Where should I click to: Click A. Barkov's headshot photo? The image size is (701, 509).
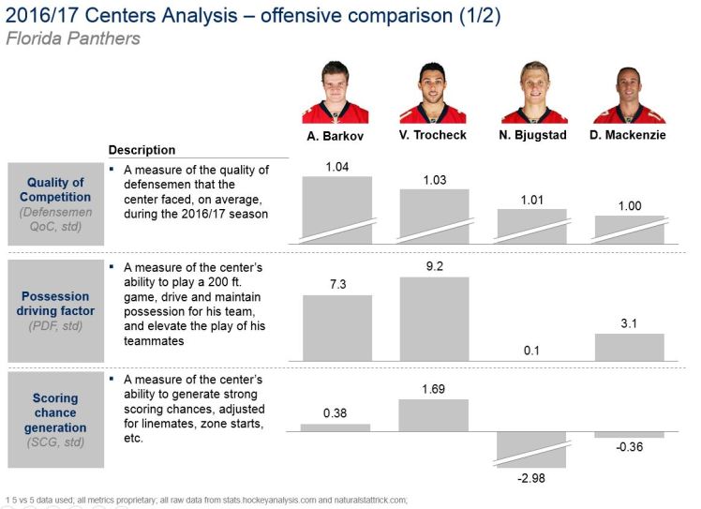(x=336, y=92)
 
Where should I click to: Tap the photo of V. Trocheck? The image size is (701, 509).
(x=433, y=92)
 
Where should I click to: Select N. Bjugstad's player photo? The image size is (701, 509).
(x=531, y=92)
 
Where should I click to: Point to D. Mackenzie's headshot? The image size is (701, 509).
(x=629, y=92)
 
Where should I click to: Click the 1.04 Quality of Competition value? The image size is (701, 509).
(x=337, y=167)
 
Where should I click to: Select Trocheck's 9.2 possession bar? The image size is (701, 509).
(x=434, y=319)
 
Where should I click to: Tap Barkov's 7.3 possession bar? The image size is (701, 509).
(x=336, y=328)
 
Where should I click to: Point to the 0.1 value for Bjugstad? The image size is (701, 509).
(x=531, y=351)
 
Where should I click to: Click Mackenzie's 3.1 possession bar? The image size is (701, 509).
(x=629, y=347)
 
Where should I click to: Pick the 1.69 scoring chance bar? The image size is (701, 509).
(x=434, y=414)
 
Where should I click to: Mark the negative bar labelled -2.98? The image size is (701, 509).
(x=531, y=449)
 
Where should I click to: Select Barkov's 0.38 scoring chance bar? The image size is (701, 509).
(x=336, y=427)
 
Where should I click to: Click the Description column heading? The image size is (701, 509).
(x=142, y=150)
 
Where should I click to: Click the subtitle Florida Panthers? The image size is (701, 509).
(x=72, y=38)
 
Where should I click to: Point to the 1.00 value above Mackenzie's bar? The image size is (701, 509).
(x=629, y=205)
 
